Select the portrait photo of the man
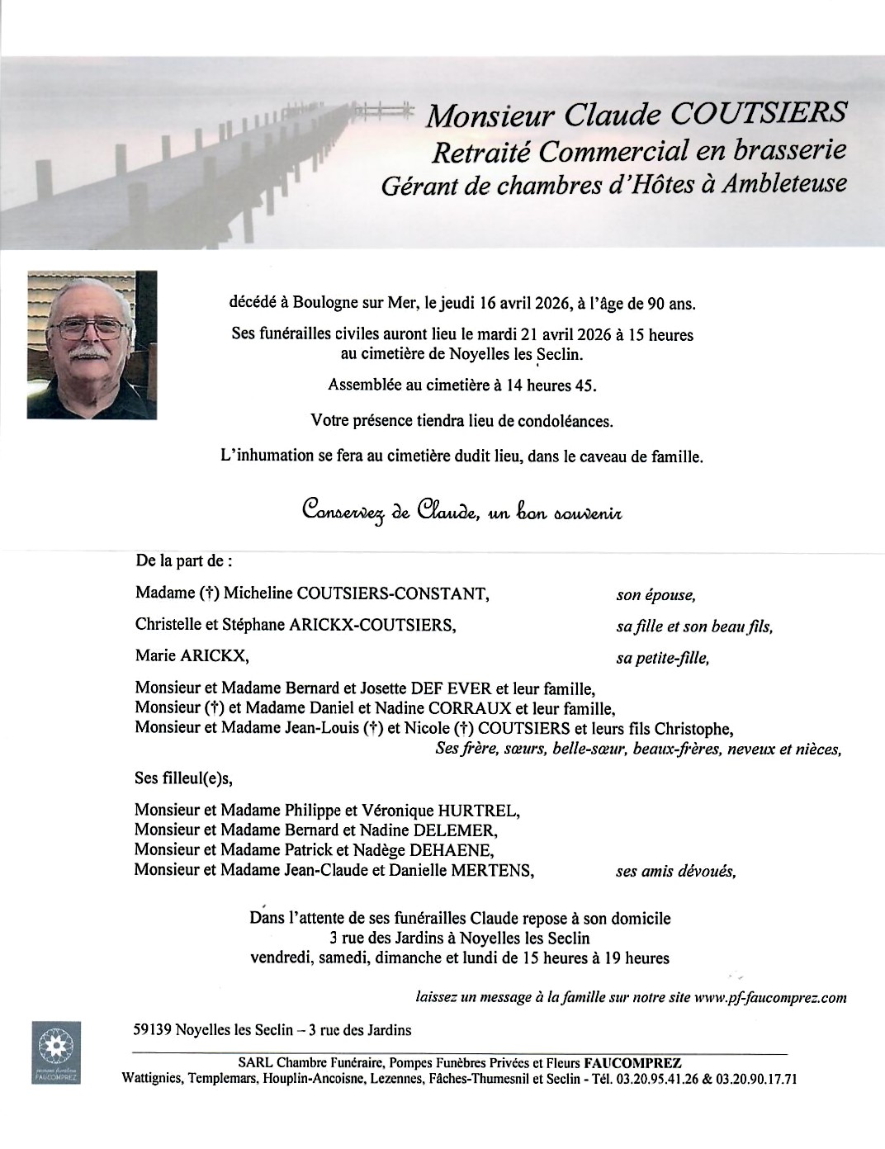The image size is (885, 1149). (x=92, y=346)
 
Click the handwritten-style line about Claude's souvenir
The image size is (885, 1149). (x=461, y=511)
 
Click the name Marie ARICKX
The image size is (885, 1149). (x=191, y=657)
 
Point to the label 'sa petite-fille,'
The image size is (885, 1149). (x=662, y=659)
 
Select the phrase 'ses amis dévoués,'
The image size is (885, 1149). (x=675, y=871)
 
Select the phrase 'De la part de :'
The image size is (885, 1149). (x=183, y=561)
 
